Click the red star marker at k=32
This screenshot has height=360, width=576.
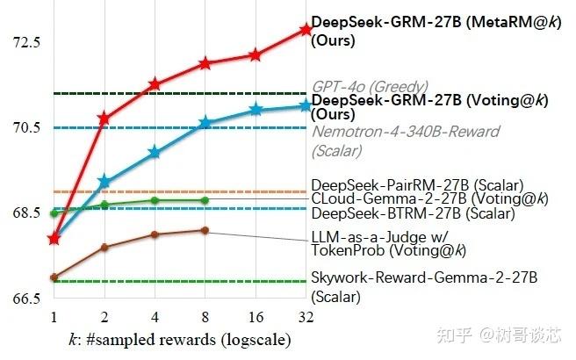(306, 29)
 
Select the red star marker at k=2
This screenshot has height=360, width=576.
(104, 118)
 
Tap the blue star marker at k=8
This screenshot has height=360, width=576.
(205, 123)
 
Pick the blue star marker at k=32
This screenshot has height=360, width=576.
(306, 105)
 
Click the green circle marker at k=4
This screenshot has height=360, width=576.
(155, 200)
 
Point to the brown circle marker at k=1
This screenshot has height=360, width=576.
(54, 277)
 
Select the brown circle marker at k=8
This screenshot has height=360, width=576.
(205, 230)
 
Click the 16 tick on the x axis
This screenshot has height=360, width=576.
(256, 316)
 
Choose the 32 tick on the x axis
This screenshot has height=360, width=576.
(306, 316)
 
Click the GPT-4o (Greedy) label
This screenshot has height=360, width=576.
(370, 87)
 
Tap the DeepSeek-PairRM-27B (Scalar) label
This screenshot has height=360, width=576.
(417, 185)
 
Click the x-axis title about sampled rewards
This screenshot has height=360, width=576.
(179, 339)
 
